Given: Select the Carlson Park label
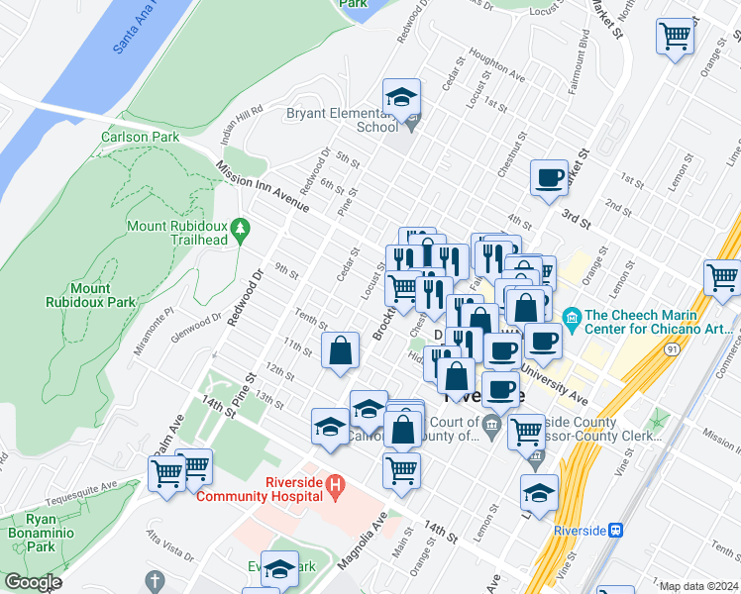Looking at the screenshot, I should tap(140, 138).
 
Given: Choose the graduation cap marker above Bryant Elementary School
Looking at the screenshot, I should tap(401, 98).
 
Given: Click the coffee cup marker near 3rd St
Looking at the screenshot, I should tap(549, 179).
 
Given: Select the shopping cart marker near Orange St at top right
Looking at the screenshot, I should tap(675, 37).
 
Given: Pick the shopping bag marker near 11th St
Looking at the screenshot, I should tap(340, 350).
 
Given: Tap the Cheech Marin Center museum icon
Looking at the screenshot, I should tap(572, 317).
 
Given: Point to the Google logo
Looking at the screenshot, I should tap(33, 582).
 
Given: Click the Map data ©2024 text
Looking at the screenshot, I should tap(698, 586).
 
